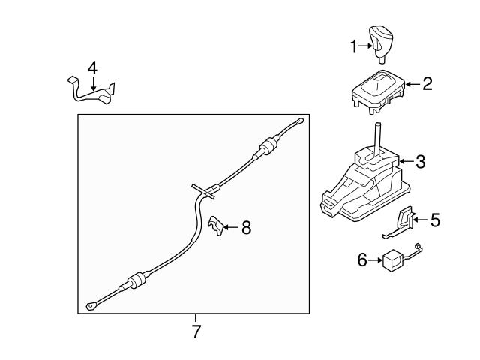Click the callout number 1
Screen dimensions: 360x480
354,46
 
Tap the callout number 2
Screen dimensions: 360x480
427,84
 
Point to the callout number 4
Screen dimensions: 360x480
92,68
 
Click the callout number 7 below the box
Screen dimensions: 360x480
196,331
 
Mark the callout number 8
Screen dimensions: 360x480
246,228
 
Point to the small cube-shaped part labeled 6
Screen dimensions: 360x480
392,261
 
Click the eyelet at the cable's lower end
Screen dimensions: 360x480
92,304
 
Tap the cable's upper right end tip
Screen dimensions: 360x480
300,121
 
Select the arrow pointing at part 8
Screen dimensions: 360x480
230,227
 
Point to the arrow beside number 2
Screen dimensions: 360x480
413,85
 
